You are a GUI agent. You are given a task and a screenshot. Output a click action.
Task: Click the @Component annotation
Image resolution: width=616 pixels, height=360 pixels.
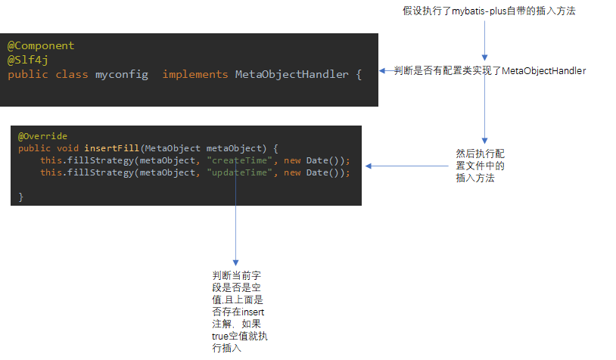41,46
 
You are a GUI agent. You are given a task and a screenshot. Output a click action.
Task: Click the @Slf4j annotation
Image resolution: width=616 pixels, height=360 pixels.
28,60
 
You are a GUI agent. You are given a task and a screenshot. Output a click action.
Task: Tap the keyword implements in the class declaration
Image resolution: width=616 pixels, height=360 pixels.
194,74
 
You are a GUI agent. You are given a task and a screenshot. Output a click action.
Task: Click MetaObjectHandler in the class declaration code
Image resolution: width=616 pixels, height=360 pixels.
291,74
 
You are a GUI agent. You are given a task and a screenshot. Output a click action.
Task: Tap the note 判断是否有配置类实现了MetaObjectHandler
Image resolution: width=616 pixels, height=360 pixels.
490,70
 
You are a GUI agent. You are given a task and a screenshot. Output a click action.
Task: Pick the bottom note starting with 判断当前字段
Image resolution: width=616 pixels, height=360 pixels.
238,311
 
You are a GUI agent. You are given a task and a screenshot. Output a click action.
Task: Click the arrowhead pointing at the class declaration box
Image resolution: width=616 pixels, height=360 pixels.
384,70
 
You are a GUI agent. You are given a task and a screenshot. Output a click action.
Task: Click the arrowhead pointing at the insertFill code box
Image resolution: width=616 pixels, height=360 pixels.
369,167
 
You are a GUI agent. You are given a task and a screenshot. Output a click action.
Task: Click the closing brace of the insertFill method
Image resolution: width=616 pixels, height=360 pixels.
21,197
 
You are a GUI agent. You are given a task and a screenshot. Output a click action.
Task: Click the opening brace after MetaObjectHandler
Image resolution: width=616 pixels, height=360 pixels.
359,74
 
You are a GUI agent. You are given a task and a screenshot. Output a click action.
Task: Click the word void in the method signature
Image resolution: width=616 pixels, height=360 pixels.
68,148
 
